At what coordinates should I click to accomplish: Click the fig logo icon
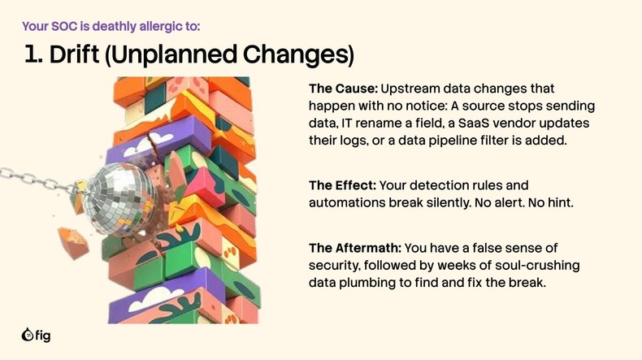click(x=27, y=335)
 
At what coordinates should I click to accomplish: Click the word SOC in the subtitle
click(x=69, y=26)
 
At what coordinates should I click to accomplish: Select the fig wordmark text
click(x=43, y=335)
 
